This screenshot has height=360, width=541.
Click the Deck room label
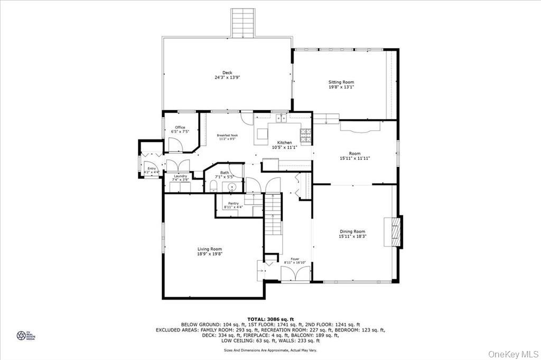tap(227, 73)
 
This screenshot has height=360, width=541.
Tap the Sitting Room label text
tap(341, 82)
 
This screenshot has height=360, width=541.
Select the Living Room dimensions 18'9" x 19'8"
tap(210, 254)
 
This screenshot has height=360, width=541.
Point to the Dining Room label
tap(352, 232)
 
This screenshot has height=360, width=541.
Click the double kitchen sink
tap(281, 118)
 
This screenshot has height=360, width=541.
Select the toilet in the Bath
tap(212, 185)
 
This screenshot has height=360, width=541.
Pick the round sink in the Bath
tap(231, 187)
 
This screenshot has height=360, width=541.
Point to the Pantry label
tap(233, 203)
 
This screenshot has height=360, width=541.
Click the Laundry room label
tap(181, 176)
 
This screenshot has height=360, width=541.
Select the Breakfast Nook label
tap(227, 135)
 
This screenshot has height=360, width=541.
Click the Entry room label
tap(152, 168)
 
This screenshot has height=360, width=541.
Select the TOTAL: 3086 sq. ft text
tap(270, 319)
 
